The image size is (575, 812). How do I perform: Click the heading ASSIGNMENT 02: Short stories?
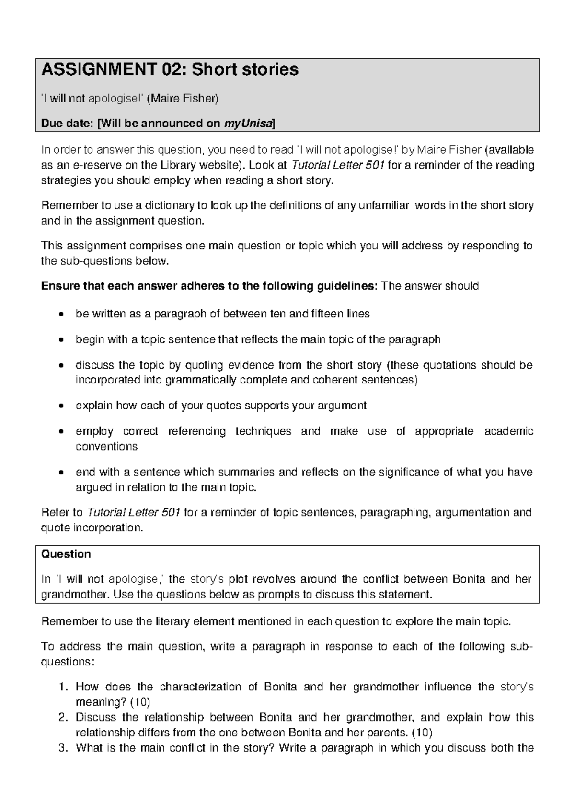click(x=170, y=70)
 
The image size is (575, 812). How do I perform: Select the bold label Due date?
click(x=68, y=124)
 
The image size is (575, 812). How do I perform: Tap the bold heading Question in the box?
click(x=66, y=554)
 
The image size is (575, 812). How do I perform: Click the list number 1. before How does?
click(x=64, y=687)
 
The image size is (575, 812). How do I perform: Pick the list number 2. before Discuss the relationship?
click(x=64, y=718)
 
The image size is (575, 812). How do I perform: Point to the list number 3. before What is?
click(x=64, y=748)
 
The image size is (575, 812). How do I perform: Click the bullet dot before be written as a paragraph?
click(x=60, y=315)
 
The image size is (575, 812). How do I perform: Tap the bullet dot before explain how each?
click(x=60, y=406)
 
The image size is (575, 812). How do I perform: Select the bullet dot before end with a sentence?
click(x=60, y=473)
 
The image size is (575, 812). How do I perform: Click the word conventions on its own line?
click(x=106, y=446)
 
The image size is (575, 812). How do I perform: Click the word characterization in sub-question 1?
click(x=200, y=687)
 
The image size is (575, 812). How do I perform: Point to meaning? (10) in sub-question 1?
click(x=113, y=702)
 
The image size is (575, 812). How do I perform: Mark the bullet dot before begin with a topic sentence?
click(x=60, y=340)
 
